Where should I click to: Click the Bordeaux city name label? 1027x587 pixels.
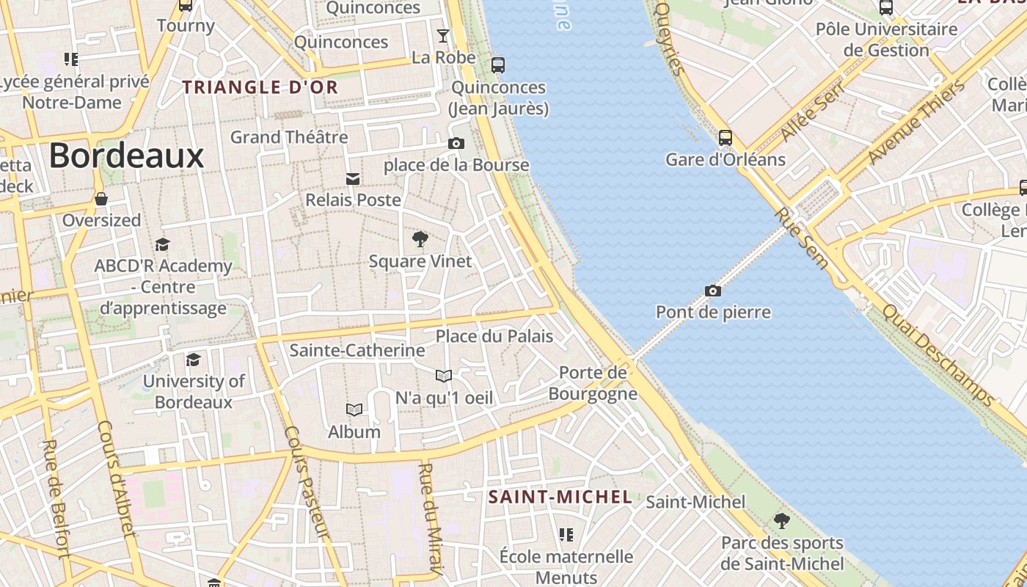126,156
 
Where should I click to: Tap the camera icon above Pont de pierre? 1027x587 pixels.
712,291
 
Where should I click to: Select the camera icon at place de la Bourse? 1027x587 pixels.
456,143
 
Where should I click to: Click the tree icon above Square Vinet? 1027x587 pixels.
420,238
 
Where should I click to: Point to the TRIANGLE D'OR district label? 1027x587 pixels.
260,87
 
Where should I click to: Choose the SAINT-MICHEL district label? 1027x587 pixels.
560,497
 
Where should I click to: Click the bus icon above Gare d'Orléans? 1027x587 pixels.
726,137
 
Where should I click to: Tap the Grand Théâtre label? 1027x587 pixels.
289,137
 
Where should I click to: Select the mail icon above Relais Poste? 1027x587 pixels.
353,178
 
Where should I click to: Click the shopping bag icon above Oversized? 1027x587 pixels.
101,199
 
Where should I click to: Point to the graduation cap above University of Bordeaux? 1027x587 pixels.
194,360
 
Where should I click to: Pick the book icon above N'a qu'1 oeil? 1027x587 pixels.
443,376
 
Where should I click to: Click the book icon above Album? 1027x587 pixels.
354,409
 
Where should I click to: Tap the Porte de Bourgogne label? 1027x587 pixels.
593,383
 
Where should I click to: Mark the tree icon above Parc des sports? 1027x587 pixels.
782,521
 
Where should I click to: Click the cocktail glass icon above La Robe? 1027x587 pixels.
443,35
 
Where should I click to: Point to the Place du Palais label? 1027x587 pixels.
494,336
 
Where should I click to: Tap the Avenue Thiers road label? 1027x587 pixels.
917,122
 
